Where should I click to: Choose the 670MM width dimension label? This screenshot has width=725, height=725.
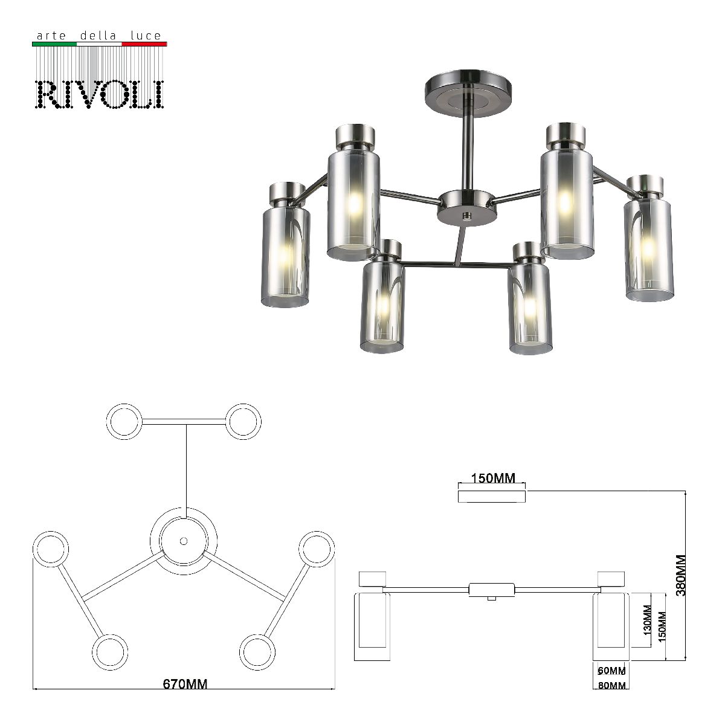[x=185, y=684]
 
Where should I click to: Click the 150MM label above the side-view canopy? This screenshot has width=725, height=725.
[x=493, y=479]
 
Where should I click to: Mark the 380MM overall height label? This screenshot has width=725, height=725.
[x=681, y=575]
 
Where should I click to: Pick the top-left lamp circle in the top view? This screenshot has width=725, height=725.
[x=124, y=420]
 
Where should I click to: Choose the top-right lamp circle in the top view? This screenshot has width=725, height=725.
[x=243, y=420]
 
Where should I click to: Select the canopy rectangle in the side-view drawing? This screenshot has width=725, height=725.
[x=492, y=496]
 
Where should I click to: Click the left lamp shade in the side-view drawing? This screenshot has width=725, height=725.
[x=372, y=627]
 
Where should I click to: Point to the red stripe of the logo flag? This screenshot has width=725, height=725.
[x=144, y=44]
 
